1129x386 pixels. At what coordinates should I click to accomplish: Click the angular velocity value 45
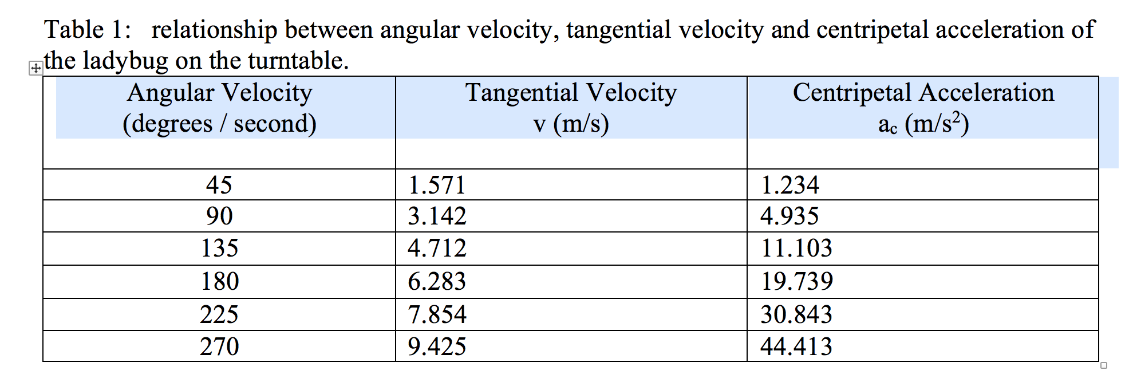point(219,185)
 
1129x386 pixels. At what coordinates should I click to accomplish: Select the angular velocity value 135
point(219,248)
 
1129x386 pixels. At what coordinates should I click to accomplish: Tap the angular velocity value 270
point(219,346)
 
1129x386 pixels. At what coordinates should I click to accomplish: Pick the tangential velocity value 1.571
point(437,185)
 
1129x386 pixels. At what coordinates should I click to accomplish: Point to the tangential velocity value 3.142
point(437,216)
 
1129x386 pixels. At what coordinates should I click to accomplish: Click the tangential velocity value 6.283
point(437,281)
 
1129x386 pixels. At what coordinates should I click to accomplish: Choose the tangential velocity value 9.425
point(437,346)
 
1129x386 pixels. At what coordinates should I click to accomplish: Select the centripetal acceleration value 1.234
point(790,185)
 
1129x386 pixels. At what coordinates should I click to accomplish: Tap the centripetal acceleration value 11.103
point(796,248)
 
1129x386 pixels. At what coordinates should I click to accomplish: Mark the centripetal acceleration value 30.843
point(796,314)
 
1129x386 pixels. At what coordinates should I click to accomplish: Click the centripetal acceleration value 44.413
point(796,346)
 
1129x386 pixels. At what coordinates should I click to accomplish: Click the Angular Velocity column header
point(220,93)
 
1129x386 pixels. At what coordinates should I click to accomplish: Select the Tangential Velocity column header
point(571,93)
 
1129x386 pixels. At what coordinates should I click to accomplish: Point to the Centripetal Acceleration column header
point(923,93)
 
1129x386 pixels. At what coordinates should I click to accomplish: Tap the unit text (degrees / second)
point(220,124)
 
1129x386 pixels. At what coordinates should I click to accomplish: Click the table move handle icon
point(35,69)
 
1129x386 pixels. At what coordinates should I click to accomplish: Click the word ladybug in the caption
point(125,61)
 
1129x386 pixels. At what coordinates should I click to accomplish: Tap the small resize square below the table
point(1104,365)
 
